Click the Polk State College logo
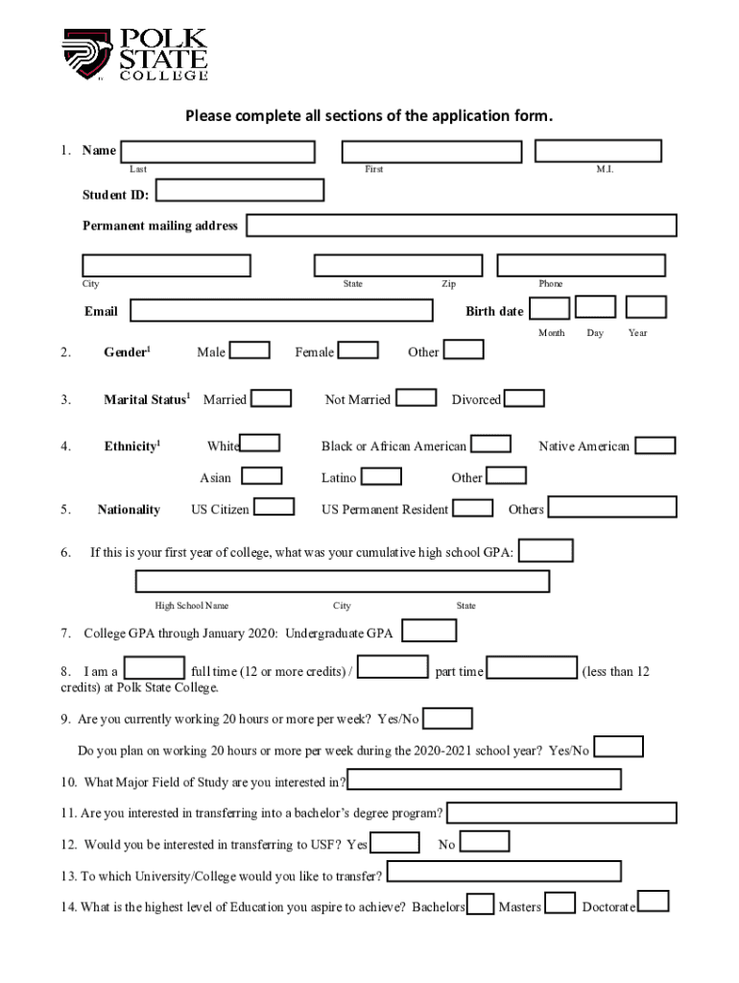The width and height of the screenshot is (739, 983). [134, 56]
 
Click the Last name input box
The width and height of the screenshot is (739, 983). [218, 152]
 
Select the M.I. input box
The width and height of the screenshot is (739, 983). [598, 151]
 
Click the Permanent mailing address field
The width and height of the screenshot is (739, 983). [462, 226]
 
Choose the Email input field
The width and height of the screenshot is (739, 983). [281, 310]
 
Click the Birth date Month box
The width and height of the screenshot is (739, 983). [550, 307]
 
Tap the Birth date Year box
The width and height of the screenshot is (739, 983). [646, 307]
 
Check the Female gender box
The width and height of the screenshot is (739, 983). [359, 350]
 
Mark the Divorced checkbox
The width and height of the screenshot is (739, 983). [524, 397]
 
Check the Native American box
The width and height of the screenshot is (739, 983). [656, 445]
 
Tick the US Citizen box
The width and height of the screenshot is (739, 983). [274, 507]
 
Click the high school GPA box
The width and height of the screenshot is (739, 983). [546, 550]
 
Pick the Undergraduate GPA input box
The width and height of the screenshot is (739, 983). [429, 631]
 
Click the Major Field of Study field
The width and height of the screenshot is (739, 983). [484, 779]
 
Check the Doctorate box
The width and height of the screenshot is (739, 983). [654, 901]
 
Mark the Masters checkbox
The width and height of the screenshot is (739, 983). [560, 903]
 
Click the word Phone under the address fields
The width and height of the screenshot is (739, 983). [551, 284]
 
